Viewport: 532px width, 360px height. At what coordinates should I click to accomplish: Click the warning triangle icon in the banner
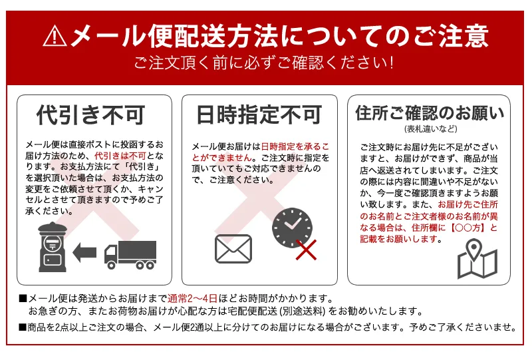tap(55, 37)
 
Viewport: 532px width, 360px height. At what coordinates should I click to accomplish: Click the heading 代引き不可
tap(90, 115)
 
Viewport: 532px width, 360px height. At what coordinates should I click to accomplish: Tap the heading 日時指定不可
tap(259, 115)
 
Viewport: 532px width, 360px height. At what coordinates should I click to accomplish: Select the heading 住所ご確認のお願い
tap(430, 112)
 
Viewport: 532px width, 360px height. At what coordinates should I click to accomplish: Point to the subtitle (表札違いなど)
tap(430, 128)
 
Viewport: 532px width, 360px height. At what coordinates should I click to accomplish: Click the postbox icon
tap(53, 247)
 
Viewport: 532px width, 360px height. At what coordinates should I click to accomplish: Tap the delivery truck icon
tap(130, 255)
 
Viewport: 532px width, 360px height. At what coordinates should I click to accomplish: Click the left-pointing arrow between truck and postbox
tap(84, 253)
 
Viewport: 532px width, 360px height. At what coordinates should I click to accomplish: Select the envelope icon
tap(233, 249)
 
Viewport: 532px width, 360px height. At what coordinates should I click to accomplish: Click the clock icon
tap(292, 227)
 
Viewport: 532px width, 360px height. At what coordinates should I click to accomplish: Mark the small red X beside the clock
tap(306, 250)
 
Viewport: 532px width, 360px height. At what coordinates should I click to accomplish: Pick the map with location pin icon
tap(477, 259)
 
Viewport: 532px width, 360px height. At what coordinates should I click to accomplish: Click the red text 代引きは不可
tap(120, 156)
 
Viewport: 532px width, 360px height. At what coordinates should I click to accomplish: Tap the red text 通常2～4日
tap(192, 299)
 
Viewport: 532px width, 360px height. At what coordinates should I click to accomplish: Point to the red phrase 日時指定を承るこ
tap(295, 146)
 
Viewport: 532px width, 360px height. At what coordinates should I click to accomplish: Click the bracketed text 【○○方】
tap(467, 228)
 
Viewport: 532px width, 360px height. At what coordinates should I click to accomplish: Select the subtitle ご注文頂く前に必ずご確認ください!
tap(264, 63)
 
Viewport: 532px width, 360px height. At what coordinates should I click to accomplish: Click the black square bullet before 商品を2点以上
tap(23, 327)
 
